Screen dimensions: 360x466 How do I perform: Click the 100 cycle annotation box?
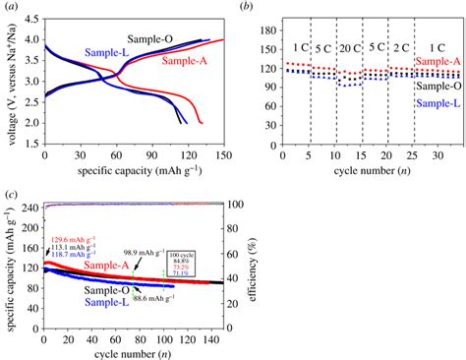[x=179, y=260]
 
